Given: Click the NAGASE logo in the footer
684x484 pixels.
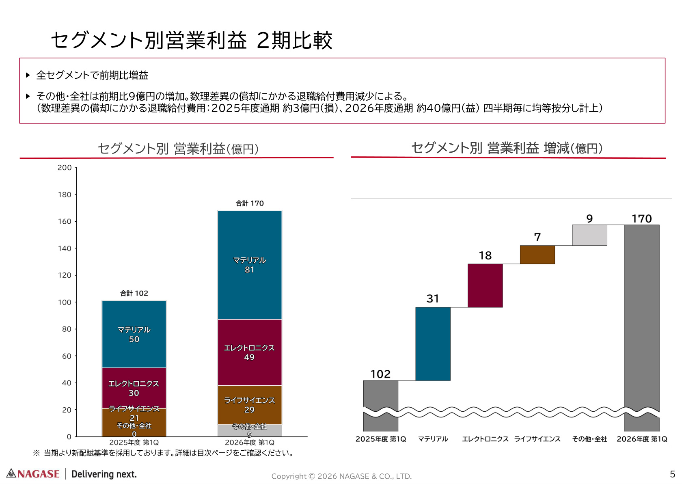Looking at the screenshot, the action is [33, 473].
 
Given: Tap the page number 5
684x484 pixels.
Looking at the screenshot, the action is [672, 474].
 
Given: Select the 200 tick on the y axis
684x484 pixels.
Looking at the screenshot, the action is [65, 167].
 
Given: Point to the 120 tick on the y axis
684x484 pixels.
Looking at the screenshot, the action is [65, 275].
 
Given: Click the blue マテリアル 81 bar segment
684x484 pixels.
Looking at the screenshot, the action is [250, 265].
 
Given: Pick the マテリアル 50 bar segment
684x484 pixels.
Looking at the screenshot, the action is [134, 334].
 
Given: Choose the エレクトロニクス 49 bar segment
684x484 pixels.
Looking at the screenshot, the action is [250, 352].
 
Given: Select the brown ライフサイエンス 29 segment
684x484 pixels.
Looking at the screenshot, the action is [250, 405].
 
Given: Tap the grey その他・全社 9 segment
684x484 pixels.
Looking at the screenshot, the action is [250, 430].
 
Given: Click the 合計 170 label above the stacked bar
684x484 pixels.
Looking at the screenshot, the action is [250, 203].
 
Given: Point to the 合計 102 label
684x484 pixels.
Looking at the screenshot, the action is [134, 294].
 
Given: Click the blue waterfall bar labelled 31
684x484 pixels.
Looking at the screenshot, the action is [433, 344].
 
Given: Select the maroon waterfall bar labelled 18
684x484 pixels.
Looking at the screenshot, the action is [485, 285].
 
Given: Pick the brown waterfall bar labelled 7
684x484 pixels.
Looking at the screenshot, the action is [537, 255].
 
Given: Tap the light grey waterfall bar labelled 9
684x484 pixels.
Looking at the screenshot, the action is [589, 235].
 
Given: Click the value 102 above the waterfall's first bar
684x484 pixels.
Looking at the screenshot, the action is [380, 374].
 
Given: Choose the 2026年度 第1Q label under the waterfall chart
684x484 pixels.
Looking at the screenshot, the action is [641, 439].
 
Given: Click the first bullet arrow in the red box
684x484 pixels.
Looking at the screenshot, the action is [28, 75].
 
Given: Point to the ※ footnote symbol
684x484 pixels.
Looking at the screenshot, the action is [37, 453].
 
